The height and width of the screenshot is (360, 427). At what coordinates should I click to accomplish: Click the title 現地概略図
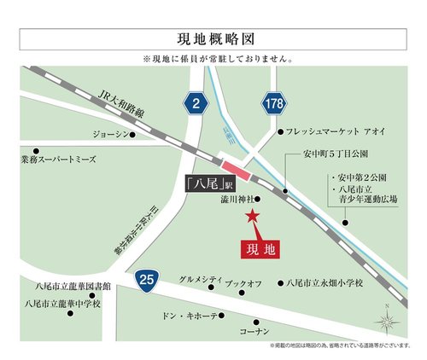pos(213,38)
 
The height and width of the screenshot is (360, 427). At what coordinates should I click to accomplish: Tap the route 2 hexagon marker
pos(197,104)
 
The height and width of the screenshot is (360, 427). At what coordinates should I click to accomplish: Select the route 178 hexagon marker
pos(273,104)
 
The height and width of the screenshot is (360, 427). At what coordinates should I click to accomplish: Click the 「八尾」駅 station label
pos(210,182)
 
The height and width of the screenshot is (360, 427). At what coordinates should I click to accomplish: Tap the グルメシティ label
pos(201,280)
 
